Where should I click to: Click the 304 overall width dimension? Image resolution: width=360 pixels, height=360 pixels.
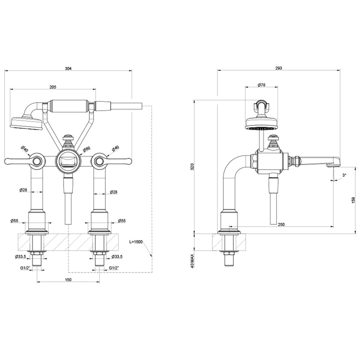pos(68,68)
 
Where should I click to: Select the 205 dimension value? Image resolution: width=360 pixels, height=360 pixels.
pos(53,86)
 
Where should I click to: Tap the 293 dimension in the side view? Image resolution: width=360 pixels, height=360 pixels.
pos(279,68)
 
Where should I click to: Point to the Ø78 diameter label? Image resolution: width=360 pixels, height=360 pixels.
pos(261,85)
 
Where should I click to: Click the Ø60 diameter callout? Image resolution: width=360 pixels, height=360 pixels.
pos(86,149)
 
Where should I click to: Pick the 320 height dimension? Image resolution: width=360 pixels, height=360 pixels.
pos(192,167)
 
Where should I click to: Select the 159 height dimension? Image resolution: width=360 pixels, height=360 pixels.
pos(353,200)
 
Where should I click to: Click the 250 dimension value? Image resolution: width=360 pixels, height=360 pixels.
pos(281,224)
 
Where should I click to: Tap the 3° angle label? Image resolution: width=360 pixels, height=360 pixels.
pos(344,175)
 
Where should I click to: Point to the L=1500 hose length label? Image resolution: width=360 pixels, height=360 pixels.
pos(136,241)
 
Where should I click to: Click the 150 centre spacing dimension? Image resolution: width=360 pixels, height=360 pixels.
pos(68,280)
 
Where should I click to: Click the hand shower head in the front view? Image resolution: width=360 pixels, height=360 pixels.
pos(25,124)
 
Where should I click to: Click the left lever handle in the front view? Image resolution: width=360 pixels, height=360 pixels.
pos(19,160)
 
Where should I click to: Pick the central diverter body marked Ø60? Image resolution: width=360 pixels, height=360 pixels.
pos(68,161)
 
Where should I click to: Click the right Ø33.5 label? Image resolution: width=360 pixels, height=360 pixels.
pos(117,257)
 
